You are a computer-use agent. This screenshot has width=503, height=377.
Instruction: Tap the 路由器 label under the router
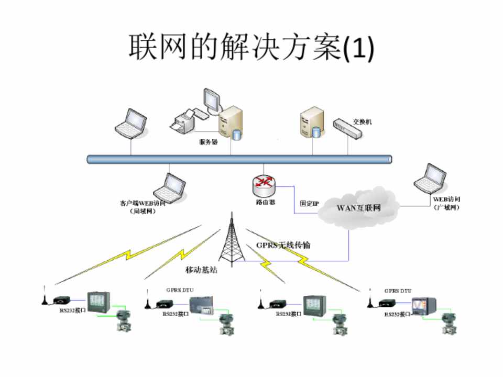264,202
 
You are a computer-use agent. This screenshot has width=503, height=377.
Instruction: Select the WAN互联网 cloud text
358,208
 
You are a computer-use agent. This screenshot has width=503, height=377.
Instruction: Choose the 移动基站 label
201,270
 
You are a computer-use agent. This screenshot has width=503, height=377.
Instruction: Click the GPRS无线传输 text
283,245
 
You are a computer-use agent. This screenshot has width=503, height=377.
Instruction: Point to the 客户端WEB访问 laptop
169,186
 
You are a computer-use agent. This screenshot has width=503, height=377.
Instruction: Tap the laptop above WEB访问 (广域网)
429,179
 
